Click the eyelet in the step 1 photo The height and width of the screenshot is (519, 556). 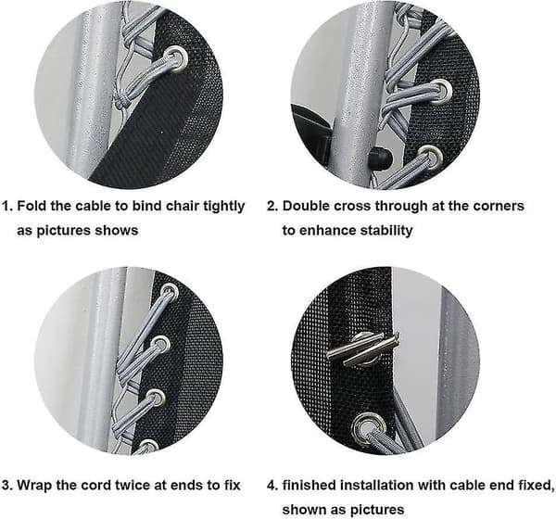coord(176,57)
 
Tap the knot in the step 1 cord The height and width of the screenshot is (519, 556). coord(122,102)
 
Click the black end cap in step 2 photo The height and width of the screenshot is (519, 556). coord(379,158)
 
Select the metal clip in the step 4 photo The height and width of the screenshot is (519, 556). coord(362,349)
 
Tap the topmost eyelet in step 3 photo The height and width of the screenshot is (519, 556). coord(170,291)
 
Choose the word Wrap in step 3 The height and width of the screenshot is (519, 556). coord(34,486)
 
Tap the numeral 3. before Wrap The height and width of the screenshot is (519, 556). coord(7,486)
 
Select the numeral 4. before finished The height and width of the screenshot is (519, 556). coord(272,486)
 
